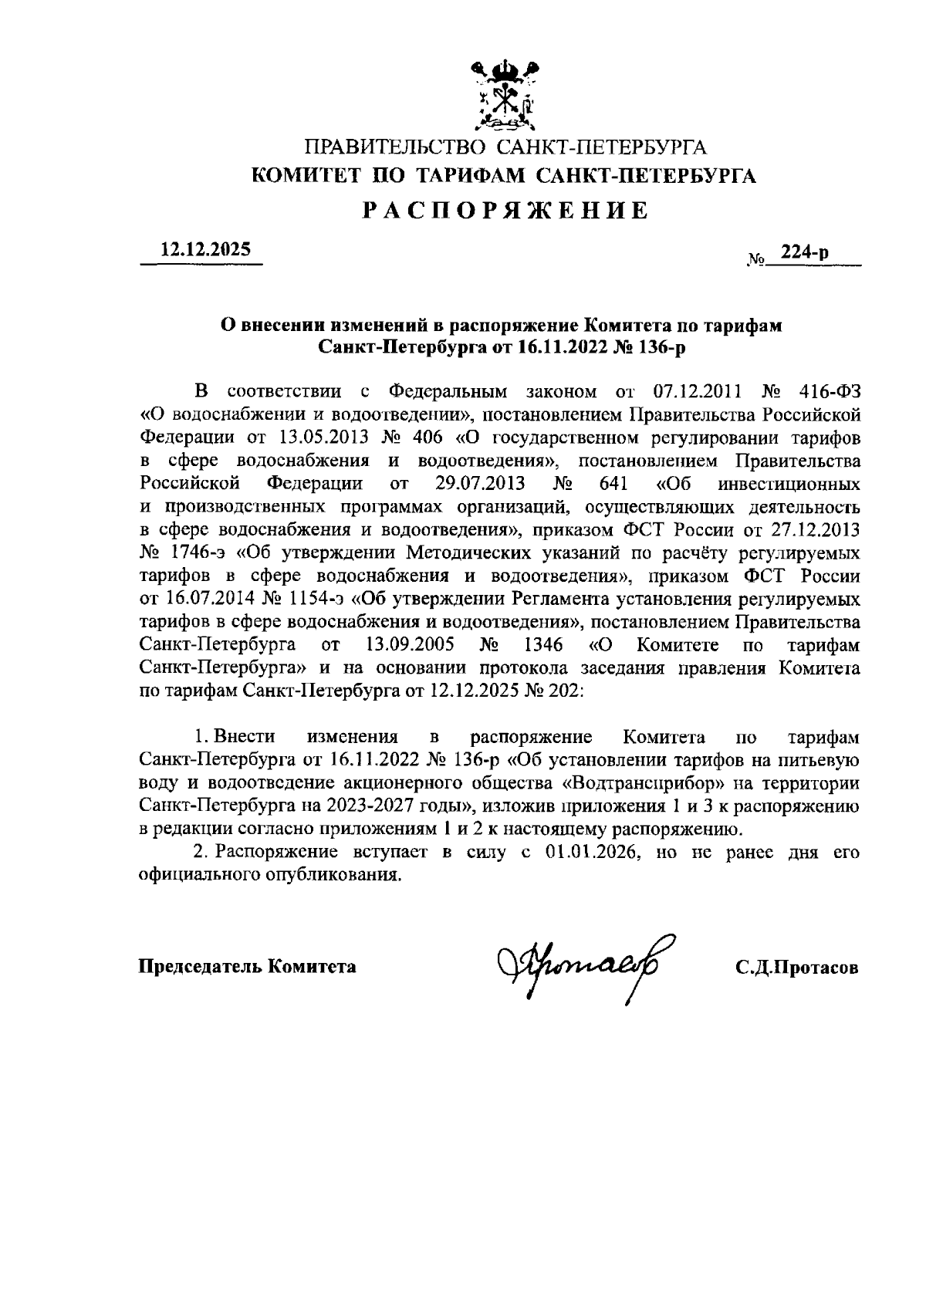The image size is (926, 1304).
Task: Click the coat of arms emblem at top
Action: pos(505,94)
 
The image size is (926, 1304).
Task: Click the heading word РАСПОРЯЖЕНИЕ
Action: pos(505,210)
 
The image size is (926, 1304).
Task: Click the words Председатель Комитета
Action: pos(247,966)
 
